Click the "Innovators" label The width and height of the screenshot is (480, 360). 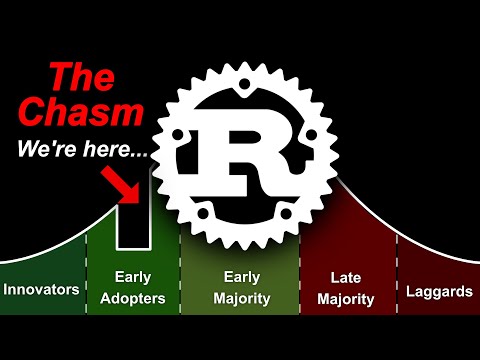[41, 290]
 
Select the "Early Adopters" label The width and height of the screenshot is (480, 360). [133, 287]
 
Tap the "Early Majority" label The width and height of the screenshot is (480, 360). [241, 287]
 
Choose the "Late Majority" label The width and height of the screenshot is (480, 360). [351, 287]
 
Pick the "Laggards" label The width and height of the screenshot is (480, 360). [438, 292]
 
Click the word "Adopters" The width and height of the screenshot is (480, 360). [133, 298]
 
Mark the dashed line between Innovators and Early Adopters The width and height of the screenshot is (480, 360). [86, 280]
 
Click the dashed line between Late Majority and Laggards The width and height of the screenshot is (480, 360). [398, 280]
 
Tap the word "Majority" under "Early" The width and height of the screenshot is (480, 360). [241, 298]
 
